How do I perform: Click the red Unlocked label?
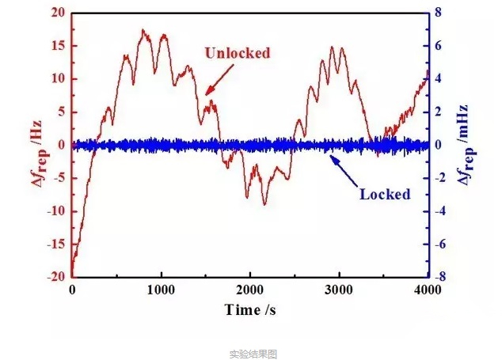[238, 54]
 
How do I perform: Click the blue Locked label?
[385, 194]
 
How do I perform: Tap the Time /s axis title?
[250, 309]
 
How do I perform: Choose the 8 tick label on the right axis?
[446, 13]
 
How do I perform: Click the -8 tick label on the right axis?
[447, 277]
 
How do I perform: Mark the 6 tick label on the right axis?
[446, 46]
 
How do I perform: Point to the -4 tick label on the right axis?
[447, 210]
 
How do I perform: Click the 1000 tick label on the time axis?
[161, 290]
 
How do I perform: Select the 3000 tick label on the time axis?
[339, 290]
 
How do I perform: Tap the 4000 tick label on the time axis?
[428, 290]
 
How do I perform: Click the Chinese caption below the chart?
[253, 354]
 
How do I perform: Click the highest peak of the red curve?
[143, 30]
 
